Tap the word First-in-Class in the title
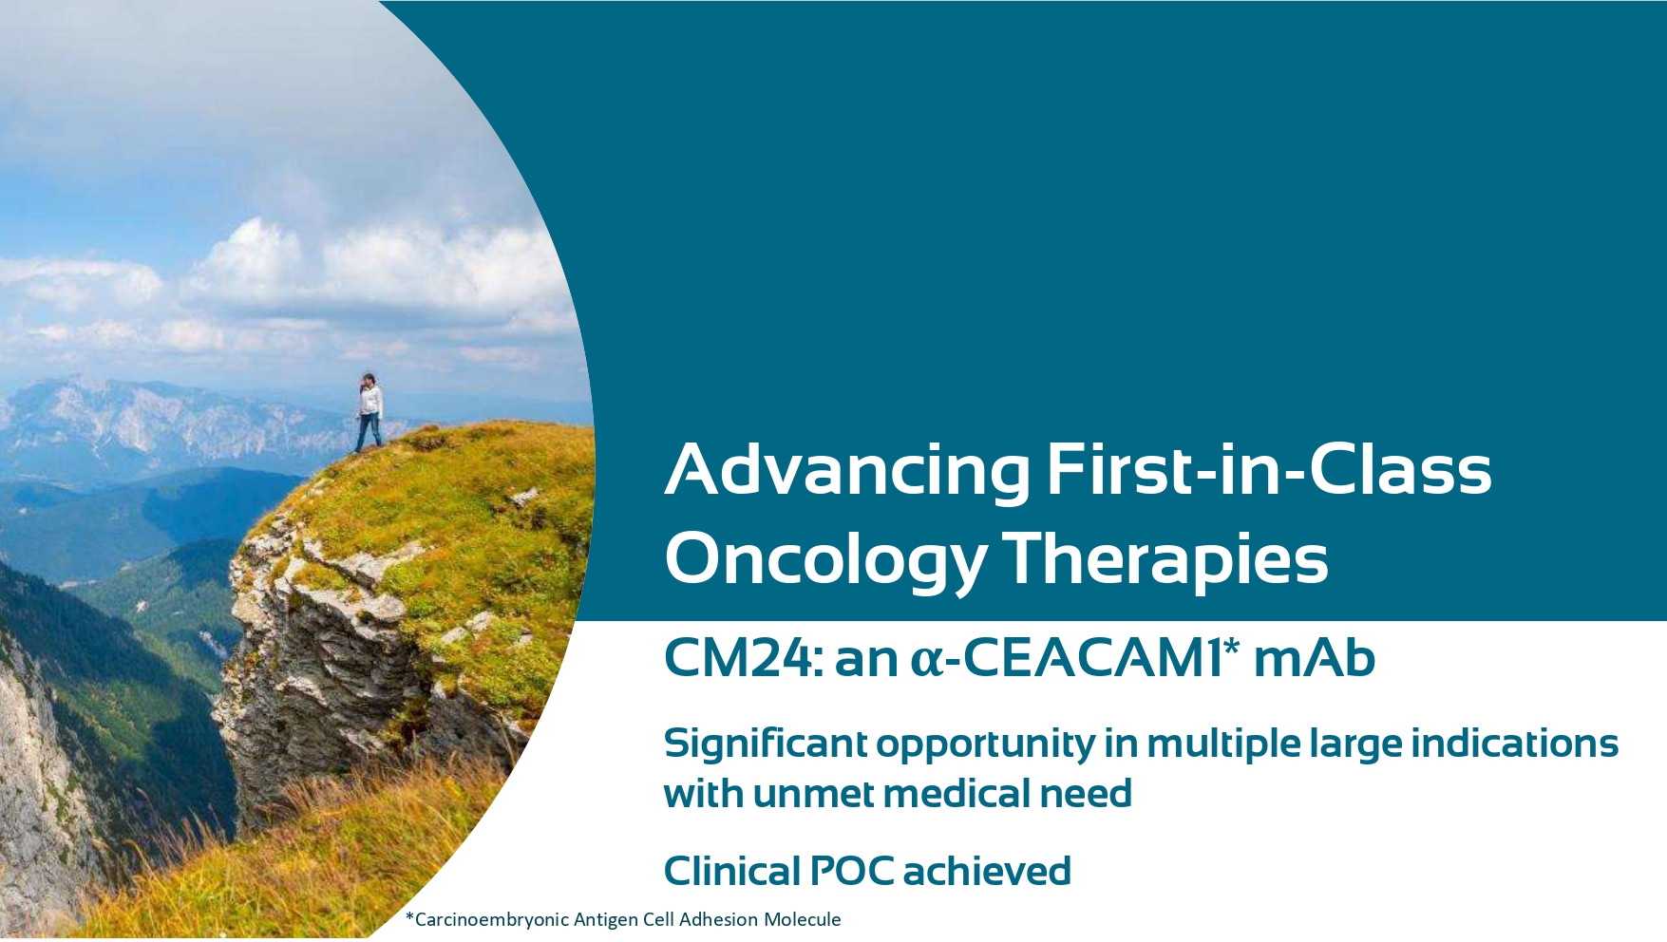tap(1269, 468)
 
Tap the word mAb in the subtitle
tap(1315, 657)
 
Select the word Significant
tap(765, 744)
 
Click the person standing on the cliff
tap(369, 412)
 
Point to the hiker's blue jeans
tap(369, 432)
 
